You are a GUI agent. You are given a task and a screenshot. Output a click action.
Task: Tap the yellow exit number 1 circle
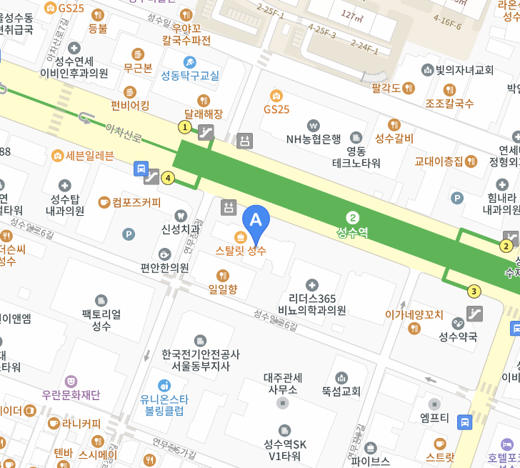(185, 127)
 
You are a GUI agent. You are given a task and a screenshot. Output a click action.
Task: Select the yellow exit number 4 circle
(168, 178)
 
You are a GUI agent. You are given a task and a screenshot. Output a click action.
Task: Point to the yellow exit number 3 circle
(474, 291)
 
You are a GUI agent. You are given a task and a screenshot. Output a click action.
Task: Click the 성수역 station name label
(352, 232)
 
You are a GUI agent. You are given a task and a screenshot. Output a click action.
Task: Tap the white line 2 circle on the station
(352, 217)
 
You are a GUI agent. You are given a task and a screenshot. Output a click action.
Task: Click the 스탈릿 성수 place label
(241, 250)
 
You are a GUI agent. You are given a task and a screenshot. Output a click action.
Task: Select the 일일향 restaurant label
(222, 289)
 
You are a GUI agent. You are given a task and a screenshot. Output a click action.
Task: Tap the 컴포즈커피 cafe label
(136, 202)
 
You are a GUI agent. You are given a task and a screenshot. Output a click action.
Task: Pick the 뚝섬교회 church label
(341, 392)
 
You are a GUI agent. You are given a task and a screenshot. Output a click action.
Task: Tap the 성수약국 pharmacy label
(458, 337)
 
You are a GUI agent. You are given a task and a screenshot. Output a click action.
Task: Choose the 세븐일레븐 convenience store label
(83, 155)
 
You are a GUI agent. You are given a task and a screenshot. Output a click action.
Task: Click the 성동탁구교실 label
(190, 75)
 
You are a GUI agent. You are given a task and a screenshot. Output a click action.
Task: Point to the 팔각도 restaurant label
(386, 88)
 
